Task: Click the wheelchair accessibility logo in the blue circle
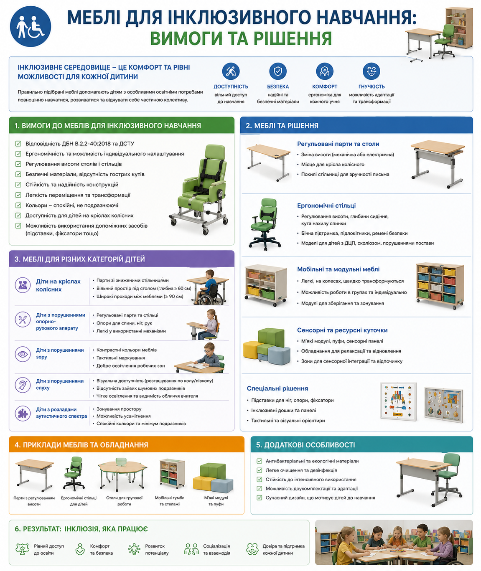(x=31, y=26)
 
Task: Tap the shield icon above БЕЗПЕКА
(x=278, y=71)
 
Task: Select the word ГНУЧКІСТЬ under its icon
(x=371, y=86)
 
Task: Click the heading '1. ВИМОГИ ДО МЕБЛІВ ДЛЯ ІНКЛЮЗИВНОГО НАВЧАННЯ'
(x=107, y=126)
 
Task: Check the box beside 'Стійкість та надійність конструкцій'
(x=18, y=185)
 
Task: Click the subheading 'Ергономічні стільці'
(x=326, y=206)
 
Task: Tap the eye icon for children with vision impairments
(x=23, y=354)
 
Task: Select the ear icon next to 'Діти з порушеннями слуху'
(x=23, y=385)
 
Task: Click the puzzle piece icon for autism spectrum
(x=23, y=413)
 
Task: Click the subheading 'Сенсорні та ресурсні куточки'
(x=342, y=330)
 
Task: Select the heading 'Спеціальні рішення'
(x=277, y=388)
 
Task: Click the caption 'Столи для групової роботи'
(x=124, y=501)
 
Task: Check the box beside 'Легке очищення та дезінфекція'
(x=259, y=470)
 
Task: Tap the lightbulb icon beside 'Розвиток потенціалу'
(x=134, y=549)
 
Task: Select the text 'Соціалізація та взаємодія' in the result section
(x=216, y=549)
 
